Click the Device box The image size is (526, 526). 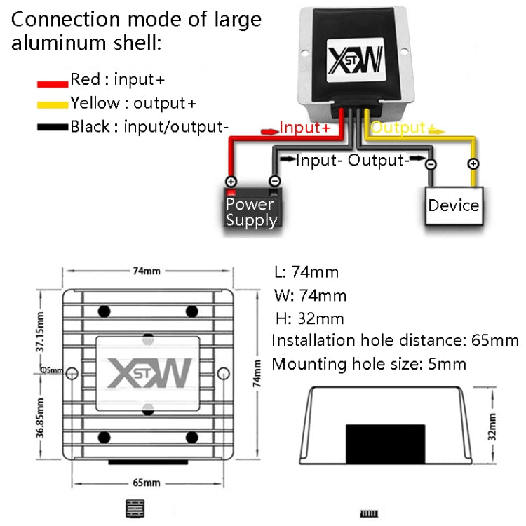pyautogui.click(x=453, y=205)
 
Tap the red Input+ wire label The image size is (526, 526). pyautogui.click(x=304, y=128)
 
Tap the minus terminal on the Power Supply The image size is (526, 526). pyautogui.click(x=274, y=181)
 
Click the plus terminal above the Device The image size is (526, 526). pyautogui.click(x=473, y=164)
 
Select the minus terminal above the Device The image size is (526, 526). pyautogui.click(x=431, y=164)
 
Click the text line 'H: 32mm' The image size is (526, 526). pyautogui.click(x=309, y=318)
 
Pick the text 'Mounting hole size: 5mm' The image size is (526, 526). pyautogui.click(x=369, y=364)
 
